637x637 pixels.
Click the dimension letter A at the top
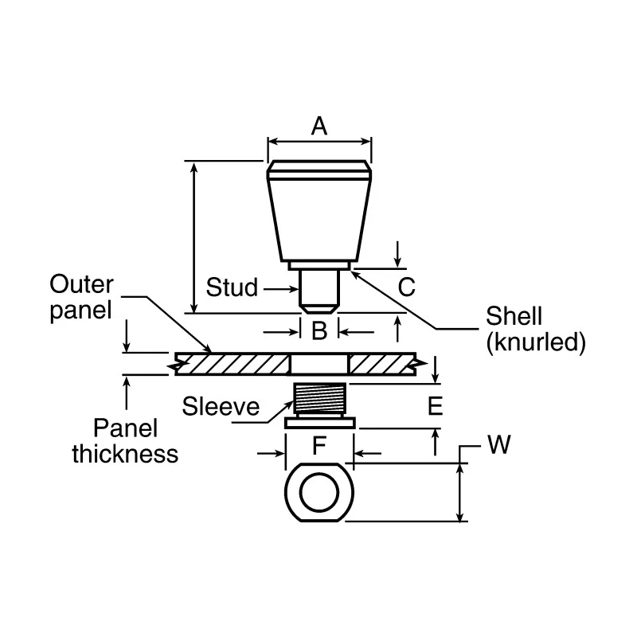[319, 126]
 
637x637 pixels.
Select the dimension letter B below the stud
[319, 330]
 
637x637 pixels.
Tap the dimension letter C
[406, 287]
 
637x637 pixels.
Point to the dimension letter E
[435, 405]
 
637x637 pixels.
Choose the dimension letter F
[319, 445]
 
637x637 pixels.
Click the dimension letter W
[499, 444]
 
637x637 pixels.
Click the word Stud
[232, 287]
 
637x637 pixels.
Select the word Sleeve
[221, 406]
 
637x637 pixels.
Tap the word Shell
[514, 315]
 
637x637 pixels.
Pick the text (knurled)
[536, 342]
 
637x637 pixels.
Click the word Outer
[81, 284]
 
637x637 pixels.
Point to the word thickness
[125, 454]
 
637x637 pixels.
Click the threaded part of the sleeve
[320, 398]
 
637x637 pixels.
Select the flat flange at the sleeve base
[320, 424]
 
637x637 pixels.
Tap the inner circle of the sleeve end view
[319, 492]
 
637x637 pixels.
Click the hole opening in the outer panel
[319, 364]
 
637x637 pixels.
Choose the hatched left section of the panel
[233, 364]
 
